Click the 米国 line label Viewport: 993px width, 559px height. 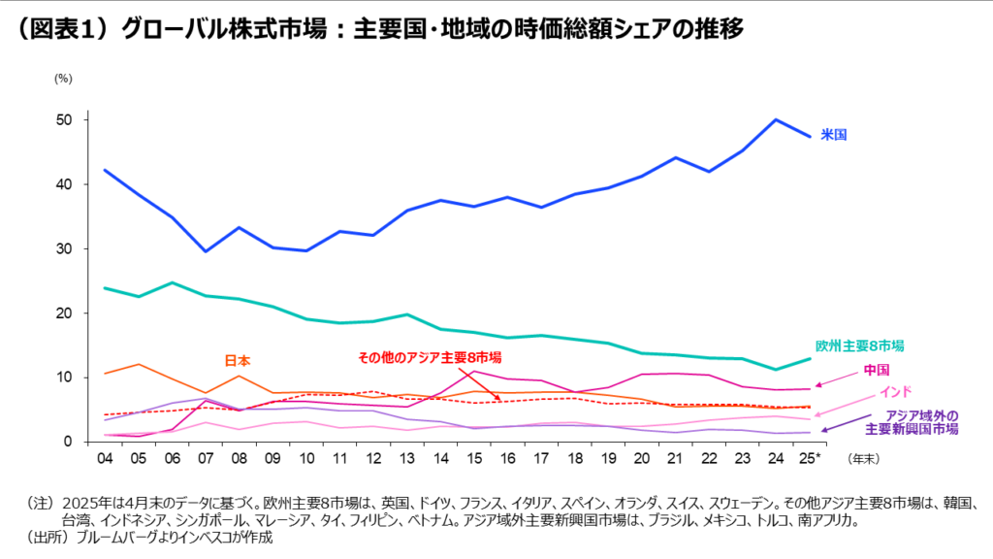coord(834,135)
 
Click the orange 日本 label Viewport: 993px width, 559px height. coord(238,360)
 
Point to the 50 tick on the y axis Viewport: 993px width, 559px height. coord(65,120)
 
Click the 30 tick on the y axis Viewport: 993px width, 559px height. coord(65,249)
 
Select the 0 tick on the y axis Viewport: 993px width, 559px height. coord(69,442)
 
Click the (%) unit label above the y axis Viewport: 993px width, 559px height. coord(64,77)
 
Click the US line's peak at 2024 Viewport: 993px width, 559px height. coord(775,120)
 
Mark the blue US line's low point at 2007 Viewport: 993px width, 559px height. coord(205,251)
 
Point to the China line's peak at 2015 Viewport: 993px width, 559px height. coord(472,372)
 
